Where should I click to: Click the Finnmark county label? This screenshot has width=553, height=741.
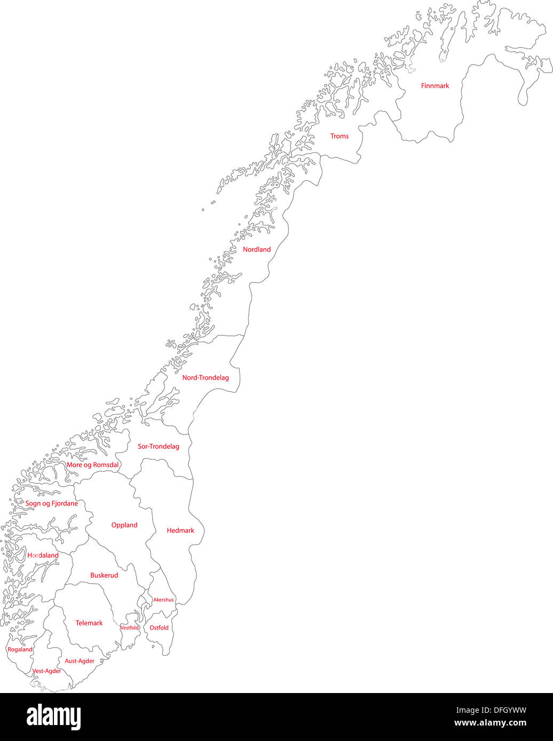click(434, 86)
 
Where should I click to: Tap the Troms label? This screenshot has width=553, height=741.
click(339, 136)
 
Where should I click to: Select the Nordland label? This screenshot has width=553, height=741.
click(257, 249)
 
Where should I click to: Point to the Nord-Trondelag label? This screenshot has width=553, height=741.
click(206, 378)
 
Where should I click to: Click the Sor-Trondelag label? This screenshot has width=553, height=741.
click(159, 447)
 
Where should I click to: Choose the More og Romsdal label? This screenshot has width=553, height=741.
click(92, 465)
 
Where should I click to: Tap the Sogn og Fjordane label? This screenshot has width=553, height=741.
click(52, 504)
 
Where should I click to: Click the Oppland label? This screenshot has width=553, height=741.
click(124, 525)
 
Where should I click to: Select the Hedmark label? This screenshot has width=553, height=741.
click(180, 530)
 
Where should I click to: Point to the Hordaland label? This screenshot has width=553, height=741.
click(43, 555)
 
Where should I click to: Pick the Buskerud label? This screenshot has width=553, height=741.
click(104, 576)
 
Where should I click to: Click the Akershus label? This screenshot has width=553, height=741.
click(163, 600)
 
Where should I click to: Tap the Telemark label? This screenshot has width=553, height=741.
click(89, 623)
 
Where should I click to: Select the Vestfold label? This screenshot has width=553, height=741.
click(130, 628)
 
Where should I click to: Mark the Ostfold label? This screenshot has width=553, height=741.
click(159, 628)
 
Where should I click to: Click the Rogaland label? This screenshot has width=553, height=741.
click(20, 650)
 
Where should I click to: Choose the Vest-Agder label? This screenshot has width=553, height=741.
click(46, 671)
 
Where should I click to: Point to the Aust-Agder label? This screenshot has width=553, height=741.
click(80, 661)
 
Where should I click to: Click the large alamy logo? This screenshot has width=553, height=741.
click(54, 717)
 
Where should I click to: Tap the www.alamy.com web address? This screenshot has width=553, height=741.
click(490, 724)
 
